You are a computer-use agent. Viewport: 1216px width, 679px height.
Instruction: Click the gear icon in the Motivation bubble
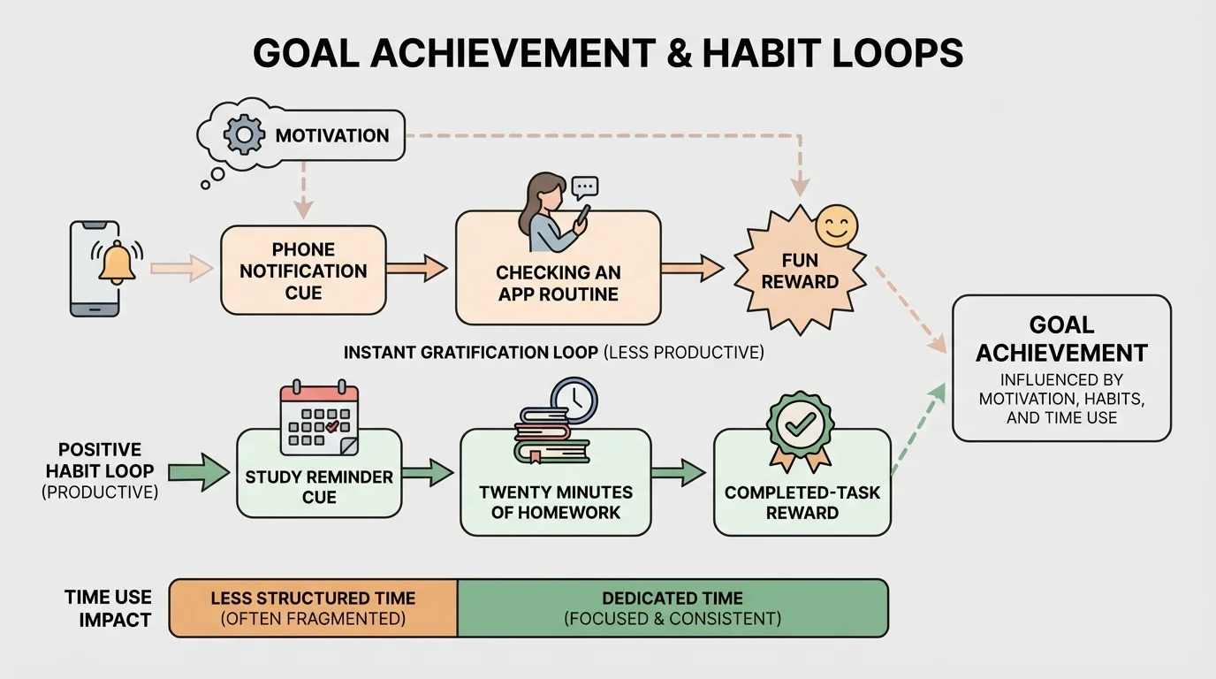(244, 135)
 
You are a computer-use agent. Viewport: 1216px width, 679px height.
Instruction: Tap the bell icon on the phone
(117, 263)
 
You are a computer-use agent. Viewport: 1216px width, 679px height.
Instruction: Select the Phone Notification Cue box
(303, 271)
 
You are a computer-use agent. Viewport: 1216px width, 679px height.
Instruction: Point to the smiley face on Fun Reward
(836, 225)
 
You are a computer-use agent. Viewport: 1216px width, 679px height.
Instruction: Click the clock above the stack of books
(574, 401)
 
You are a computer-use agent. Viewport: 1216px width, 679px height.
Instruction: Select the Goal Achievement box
(1061, 368)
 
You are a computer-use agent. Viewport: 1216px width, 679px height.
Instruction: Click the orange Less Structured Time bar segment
(313, 608)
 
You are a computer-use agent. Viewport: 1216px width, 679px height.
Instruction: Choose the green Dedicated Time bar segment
(673, 608)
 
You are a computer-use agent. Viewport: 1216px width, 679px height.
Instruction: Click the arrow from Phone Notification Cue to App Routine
(417, 268)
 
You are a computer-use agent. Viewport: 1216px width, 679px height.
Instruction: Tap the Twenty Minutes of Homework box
(556, 500)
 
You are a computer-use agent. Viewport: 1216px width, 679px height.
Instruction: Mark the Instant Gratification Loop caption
(553, 353)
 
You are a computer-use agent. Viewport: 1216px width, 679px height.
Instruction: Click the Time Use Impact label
(108, 608)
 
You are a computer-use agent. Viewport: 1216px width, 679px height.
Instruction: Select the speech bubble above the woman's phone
(585, 187)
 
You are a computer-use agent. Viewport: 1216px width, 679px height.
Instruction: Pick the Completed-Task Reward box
(802, 501)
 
